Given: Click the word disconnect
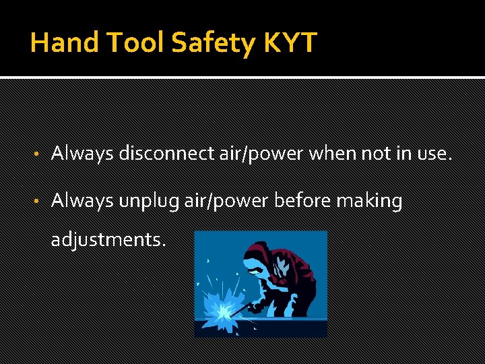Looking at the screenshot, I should click(157, 154).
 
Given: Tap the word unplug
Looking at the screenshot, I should click(144, 201).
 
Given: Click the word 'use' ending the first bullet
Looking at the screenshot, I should click(432, 154).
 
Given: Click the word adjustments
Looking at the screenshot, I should click(107, 239).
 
